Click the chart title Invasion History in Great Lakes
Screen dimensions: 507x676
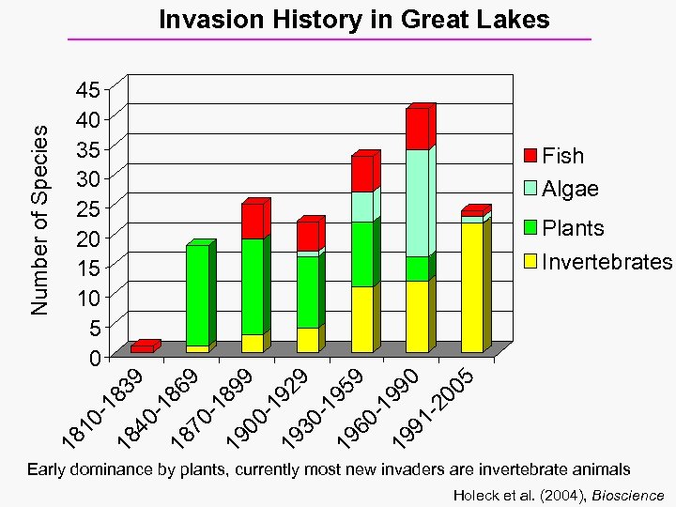pos(354,20)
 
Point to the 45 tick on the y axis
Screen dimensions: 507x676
pos(88,90)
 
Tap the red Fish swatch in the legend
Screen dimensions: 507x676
pos(530,156)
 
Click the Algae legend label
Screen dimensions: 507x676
pos(570,189)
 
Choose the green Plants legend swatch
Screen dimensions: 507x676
pos(530,227)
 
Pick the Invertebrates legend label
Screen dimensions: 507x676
pos(607,261)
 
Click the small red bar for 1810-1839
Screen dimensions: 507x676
pos(142,348)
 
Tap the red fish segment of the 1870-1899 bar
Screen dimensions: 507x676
pos(252,221)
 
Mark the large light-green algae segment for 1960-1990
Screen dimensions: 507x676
pos(417,202)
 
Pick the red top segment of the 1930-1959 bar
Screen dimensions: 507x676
pos(362,174)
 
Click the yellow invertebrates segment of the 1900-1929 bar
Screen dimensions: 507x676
pos(307,340)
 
